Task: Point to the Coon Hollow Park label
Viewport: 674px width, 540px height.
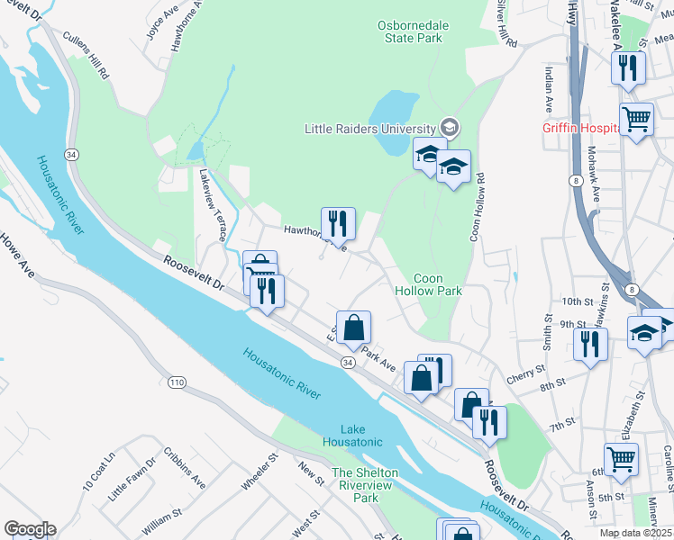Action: pyautogui.click(x=428, y=284)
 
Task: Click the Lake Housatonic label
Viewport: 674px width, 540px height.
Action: pyautogui.click(x=350, y=436)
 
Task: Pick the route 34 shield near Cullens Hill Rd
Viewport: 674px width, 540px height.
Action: pyautogui.click(x=72, y=155)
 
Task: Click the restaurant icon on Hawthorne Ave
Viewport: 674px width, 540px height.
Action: pyautogui.click(x=338, y=221)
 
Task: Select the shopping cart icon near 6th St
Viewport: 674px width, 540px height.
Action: pyautogui.click(x=621, y=458)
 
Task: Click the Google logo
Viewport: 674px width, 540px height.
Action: pyautogui.click(x=29, y=529)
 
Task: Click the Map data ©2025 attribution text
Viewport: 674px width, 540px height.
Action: pyautogui.click(x=635, y=533)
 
